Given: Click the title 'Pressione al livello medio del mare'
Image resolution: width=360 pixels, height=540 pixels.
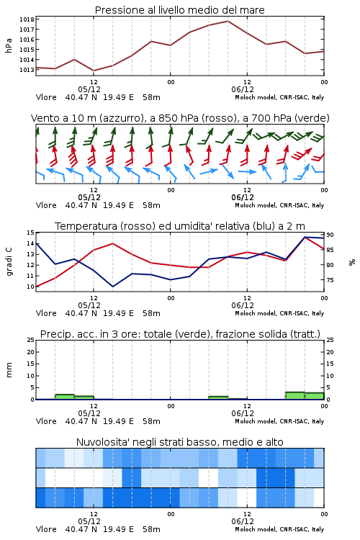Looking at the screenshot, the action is click(179, 10).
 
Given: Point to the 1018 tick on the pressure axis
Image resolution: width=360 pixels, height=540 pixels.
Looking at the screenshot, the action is click(27, 19).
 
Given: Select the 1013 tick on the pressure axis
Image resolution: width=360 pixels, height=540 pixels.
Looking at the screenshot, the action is click(27, 70).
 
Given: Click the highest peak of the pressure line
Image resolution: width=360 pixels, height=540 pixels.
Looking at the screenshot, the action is click(228, 21).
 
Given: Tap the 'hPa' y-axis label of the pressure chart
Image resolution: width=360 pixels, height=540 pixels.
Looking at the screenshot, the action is click(9, 45).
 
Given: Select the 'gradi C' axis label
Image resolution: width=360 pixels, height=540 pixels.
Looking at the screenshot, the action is click(9, 262).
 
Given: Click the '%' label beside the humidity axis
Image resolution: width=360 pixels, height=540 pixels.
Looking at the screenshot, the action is click(352, 262).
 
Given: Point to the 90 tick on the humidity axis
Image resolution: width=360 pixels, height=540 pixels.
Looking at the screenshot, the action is click(330, 235).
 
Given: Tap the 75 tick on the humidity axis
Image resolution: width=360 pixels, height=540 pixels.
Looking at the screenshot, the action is click(330, 280).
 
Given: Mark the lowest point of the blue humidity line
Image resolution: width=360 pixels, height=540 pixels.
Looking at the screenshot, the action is click(112, 287).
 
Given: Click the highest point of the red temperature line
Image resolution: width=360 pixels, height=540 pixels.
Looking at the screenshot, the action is click(305, 237).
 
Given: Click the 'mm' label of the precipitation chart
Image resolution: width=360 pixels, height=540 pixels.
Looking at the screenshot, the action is click(9, 370).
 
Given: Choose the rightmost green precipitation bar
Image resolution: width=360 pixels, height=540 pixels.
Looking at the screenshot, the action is click(315, 396).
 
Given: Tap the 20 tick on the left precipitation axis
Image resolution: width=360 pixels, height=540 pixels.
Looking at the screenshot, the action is click(31, 352).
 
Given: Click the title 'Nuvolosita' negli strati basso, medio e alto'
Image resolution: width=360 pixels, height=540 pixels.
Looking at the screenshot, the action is click(179, 442).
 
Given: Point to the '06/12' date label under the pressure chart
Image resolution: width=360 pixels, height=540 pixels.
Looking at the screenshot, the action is click(243, 89).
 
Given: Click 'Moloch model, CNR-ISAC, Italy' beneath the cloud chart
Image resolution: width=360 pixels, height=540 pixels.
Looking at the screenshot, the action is click(279, 529).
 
